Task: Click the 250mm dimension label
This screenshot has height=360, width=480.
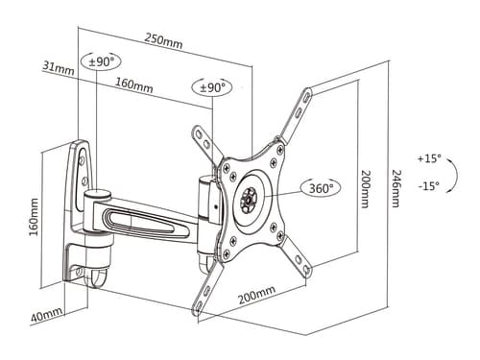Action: coord(163,40)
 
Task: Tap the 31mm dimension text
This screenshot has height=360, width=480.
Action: coord(59,68)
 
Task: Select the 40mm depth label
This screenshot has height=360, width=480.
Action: coord(47,315)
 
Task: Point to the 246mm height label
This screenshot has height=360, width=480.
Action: coord(396,188)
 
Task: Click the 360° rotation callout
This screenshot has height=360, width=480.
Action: coord(321,188)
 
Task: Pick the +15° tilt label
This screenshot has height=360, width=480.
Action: coord(429,158)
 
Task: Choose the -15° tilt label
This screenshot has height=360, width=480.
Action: coord(429,186)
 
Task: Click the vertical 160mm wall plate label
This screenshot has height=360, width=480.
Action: coord(34,217)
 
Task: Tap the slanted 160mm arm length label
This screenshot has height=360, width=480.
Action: coord(134,84)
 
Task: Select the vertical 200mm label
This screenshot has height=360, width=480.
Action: coord(366,189)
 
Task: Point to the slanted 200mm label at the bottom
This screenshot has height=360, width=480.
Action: coord(256,295)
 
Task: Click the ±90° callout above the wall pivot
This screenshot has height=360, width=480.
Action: coord(101,61)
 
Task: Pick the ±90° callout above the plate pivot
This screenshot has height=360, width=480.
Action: coord(212,87)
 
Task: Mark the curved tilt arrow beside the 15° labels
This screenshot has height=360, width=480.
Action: coord(456,176)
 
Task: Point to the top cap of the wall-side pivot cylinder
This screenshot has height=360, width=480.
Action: coord(98,194)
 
